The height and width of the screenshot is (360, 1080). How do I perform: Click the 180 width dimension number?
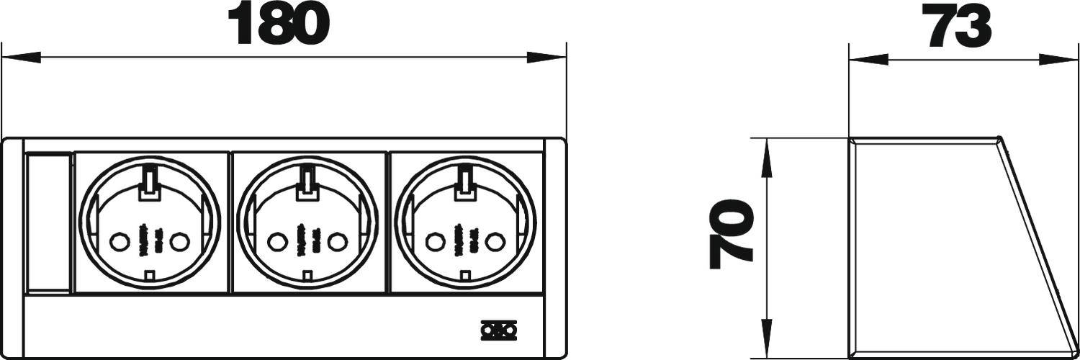click(x=278, y=24)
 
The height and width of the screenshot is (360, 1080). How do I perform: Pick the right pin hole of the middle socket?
click(x=336, y=240)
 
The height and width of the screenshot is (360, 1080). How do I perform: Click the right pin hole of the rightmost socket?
click(x=494, y=240)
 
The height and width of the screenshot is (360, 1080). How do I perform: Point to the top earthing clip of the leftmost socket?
click(x=149, y=182)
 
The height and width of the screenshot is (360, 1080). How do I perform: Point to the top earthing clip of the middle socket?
click(x=307, y=182)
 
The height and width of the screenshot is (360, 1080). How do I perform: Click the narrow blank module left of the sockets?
click(x=48, y=223)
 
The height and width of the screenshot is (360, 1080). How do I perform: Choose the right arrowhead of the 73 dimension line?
click(x=1055, y=58)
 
